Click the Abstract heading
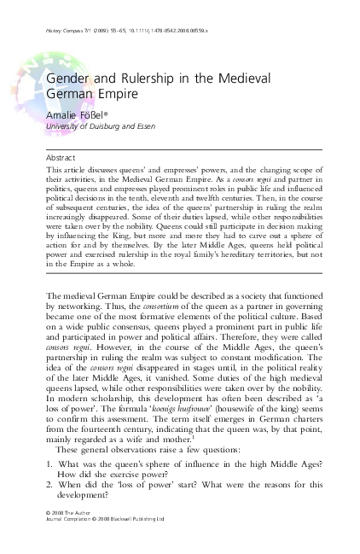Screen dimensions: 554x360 61,158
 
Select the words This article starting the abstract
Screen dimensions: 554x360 64,171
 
